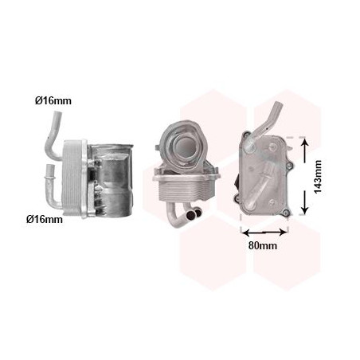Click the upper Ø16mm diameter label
click(53, 100)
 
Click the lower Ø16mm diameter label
click(45, 219)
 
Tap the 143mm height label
click(318, 177)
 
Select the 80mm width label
click(263, 245)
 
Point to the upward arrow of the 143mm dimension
click(305, 151)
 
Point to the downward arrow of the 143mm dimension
click(305, 202)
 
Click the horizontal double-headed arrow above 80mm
click(264, 233)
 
